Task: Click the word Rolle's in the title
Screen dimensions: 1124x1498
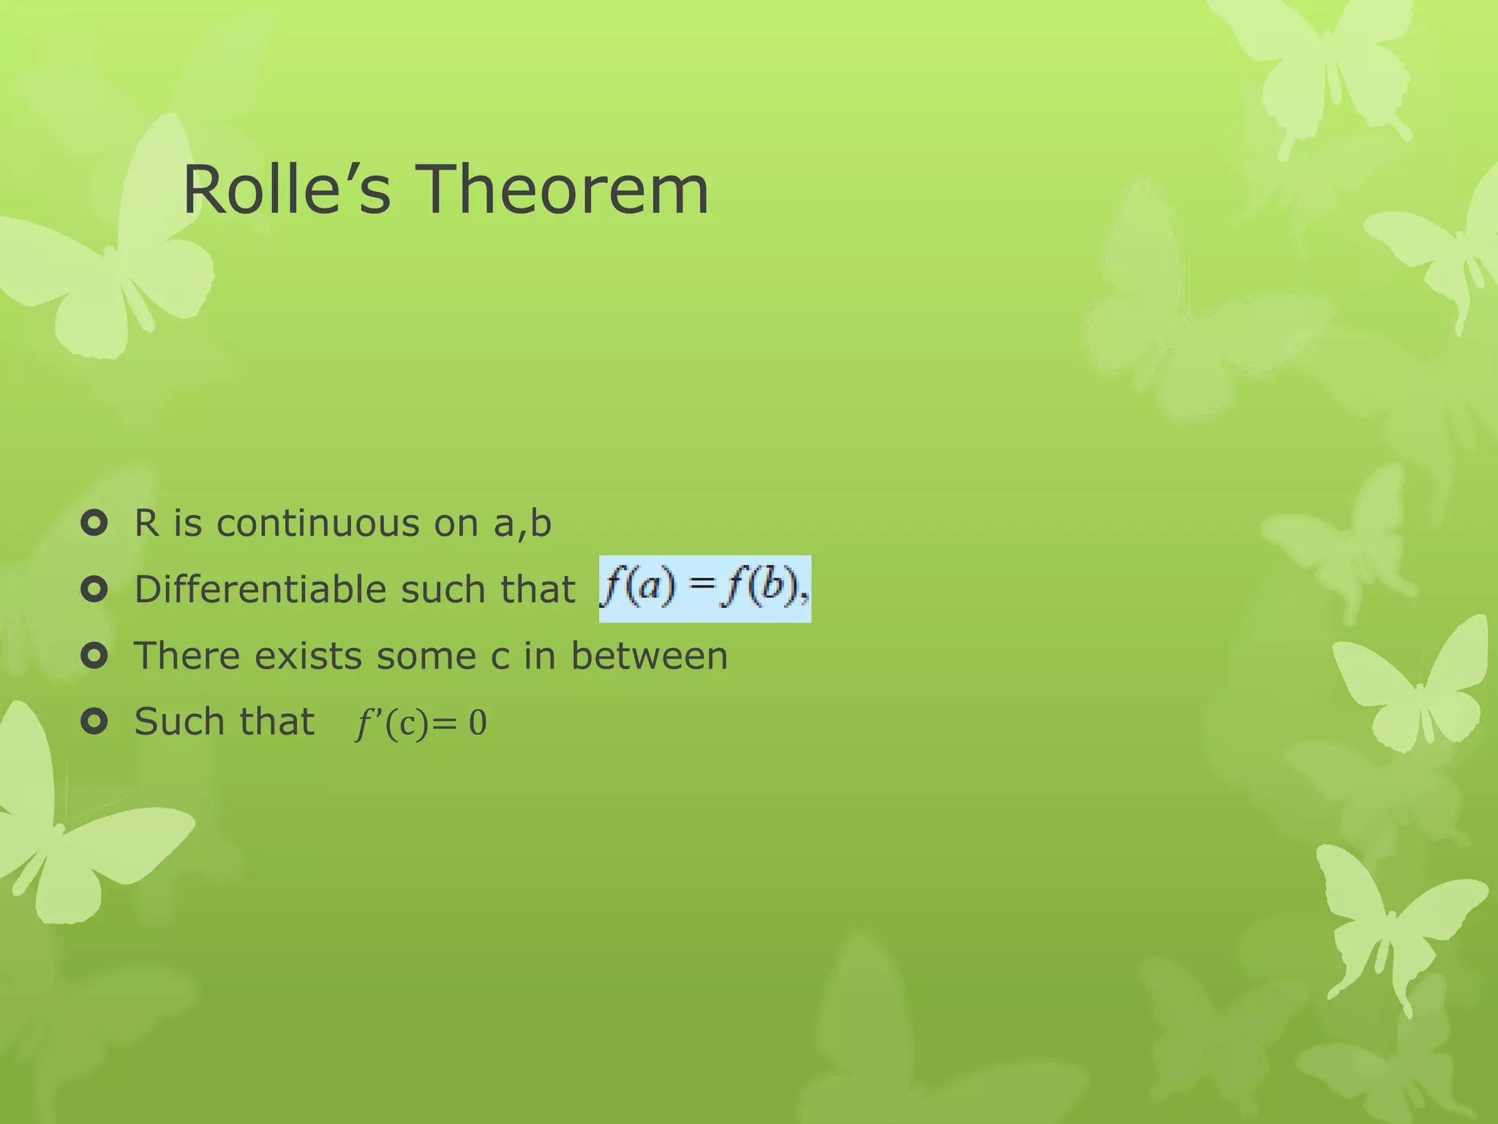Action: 286,190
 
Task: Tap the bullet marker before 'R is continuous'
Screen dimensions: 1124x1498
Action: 94,523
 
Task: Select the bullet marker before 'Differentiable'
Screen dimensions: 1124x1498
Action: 94,589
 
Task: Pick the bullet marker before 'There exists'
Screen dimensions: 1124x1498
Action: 94,656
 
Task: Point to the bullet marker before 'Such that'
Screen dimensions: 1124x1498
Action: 94,722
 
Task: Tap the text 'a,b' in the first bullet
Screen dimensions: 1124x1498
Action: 522,524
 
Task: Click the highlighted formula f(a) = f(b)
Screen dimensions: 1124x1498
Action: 704,589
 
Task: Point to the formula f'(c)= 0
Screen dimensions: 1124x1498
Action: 421,723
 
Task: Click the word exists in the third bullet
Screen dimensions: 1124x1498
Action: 308,656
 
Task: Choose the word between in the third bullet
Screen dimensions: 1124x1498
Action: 649,656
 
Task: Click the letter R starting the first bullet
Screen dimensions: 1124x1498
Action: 146,524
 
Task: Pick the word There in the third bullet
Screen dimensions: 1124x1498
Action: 187,656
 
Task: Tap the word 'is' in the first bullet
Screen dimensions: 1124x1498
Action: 187,524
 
